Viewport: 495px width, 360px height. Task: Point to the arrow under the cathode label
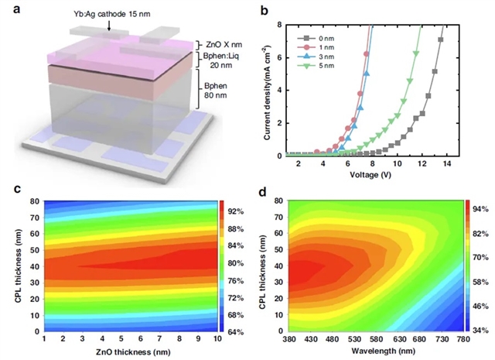[109, 26]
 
